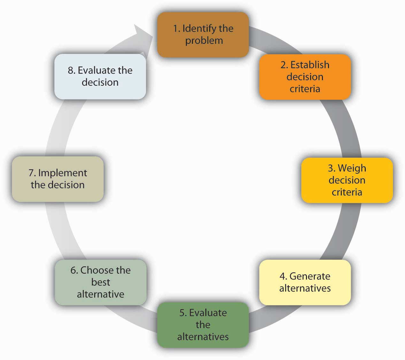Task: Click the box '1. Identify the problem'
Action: point(202,35)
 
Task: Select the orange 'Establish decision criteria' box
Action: point(305,77)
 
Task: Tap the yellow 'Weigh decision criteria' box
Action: point(347,180)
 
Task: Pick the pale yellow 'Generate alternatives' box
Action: point(305,282)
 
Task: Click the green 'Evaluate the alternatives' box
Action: point(202,325)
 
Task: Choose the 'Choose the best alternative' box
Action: point(100,282)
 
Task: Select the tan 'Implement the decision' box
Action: point(57,179)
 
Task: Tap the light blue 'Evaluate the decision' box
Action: point(100,76)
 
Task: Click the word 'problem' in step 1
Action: point(204,41)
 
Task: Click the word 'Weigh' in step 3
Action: point(352,168)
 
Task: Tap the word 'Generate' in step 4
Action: point(309,276)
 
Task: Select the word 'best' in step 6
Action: point(101,282)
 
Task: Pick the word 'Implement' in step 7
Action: point(62,173)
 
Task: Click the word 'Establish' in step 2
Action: point(309,65)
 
